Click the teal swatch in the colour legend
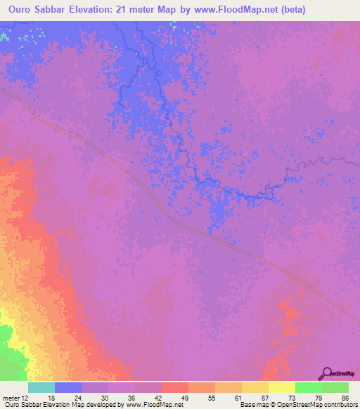coord(41,387)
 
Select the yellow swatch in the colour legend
coord(281,387)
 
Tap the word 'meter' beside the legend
coord(10,397)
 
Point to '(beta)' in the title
coord(291,11)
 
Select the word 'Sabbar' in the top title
coord(58,11)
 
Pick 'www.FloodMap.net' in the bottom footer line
coord(153,405)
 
